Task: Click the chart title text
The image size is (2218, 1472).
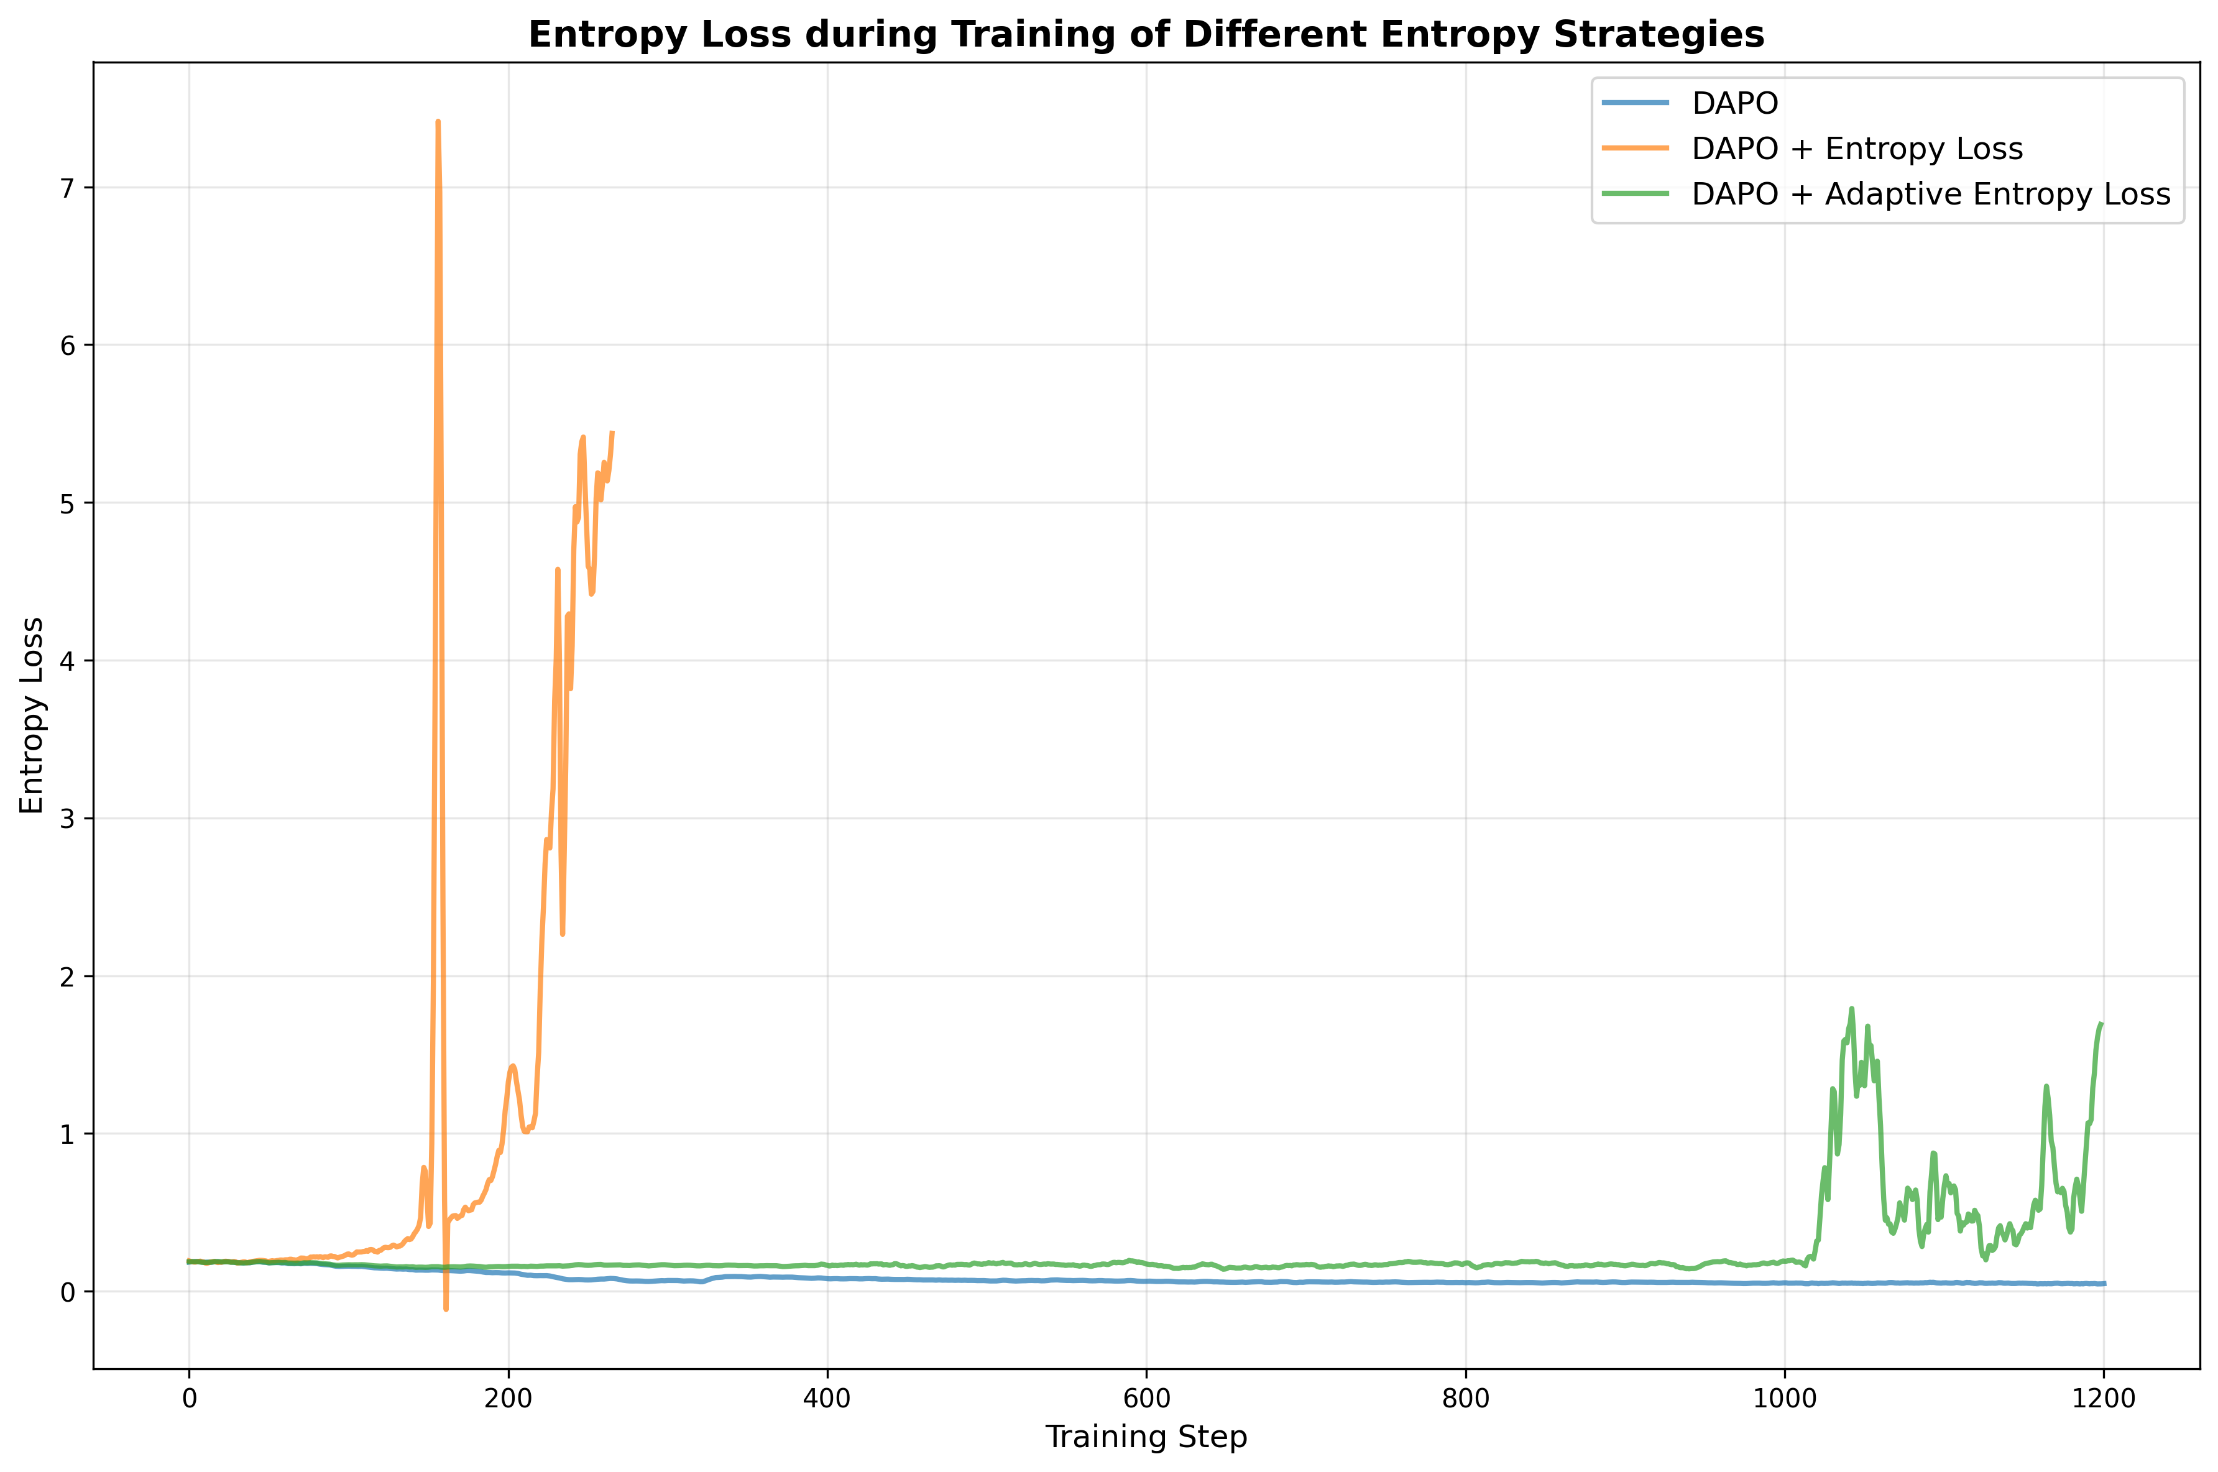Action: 1145,35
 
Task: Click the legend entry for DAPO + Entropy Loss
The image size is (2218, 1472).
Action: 1857,149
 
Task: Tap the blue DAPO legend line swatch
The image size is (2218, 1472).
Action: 1635,103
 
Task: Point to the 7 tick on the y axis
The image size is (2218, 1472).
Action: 66,188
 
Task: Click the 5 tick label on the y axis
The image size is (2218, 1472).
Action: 66,503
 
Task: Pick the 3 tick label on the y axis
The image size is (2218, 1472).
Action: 66,819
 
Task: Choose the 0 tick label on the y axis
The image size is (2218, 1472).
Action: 66,1292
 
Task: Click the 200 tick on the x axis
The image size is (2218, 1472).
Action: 508,1399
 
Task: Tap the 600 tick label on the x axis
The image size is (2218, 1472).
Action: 1146,1399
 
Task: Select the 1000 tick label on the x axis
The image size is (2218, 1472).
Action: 1783,1399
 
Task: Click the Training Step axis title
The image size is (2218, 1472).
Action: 1145,1437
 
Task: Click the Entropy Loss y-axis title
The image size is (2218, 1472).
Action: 32,715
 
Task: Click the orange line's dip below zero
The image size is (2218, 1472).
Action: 446,1309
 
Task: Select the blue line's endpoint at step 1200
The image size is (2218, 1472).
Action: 2104,1283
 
